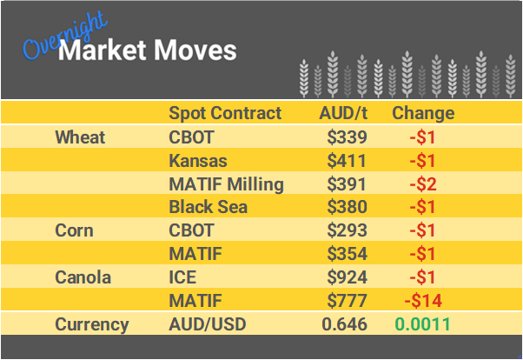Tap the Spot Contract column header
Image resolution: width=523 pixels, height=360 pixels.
click(x=225, y=113)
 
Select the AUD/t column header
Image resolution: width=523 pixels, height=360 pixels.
click(x=343, y=113)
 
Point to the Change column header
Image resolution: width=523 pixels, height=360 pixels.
click(x=423, y=113)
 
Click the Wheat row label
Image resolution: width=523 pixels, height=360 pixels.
click(x=80, y=137)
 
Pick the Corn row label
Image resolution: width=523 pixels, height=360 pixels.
click(x=75, y=231)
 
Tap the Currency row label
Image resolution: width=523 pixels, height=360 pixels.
click(x=92, y=325)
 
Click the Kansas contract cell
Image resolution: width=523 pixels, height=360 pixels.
click(x=197, y=161)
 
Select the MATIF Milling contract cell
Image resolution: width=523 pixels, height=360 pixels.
click(x=226, y=184)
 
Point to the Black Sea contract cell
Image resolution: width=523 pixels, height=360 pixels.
click(x=208, y=208)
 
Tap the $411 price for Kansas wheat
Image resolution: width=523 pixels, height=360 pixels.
click(x=348, y=161)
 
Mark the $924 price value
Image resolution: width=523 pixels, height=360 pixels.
click(x=348, y=278)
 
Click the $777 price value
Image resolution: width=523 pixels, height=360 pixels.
click(x=348, y=302)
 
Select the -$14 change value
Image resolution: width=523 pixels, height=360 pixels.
click(x=423, y=302)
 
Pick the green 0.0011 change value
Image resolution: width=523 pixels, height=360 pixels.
click(x=423, y=325)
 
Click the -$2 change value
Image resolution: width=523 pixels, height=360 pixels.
click(x=423, y=184)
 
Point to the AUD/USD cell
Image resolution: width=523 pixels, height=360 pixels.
click(x=208, y=325)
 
